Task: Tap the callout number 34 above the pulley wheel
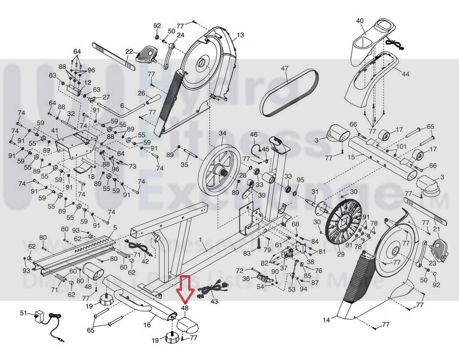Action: [222, 133]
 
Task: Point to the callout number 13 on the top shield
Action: [240, 35]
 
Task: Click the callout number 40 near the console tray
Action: [360, 21]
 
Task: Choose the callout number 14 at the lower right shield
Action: [327, 320]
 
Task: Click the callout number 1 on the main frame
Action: [200, 240]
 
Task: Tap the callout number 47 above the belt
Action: [284, 68]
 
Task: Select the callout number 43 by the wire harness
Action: [214, 301]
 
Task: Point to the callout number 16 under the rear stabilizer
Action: [147, 325]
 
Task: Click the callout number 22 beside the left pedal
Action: [129, 52]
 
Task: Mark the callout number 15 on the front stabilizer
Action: [351, 157]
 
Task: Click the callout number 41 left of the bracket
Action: [55, 131]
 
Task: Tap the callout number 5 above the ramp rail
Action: [115, 228]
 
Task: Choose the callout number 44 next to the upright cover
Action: [405, 74]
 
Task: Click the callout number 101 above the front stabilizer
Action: [401, 147]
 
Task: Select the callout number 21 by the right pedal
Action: [436, 229]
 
